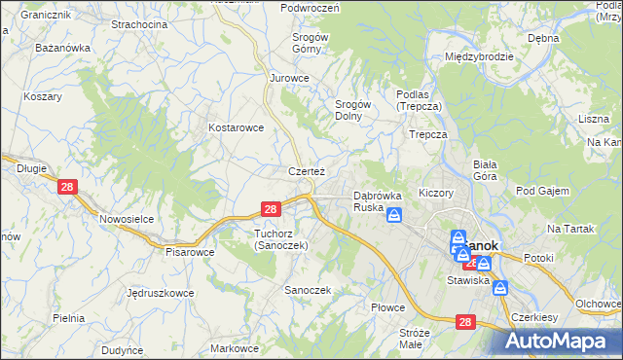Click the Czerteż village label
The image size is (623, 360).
(x=306, y=171)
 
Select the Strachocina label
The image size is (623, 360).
(x=138, y=23)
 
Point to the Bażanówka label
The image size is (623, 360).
(x=62, y=47)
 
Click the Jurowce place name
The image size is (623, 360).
(x=289, y=78)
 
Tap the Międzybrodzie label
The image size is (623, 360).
(x=479, y=56)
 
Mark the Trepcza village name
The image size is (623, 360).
(x=427, y=134)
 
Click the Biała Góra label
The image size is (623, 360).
(x=485, y=170)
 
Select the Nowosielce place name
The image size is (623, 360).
(x=128, y=219)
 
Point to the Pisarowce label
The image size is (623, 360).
(x=190, y=251)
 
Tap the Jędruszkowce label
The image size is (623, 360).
(x=160, y=292)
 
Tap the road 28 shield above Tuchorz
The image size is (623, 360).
(x=272, y=208)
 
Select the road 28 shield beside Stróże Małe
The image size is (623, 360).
(x=465, y=321)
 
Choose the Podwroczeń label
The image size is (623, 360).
(x=309, y=8)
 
